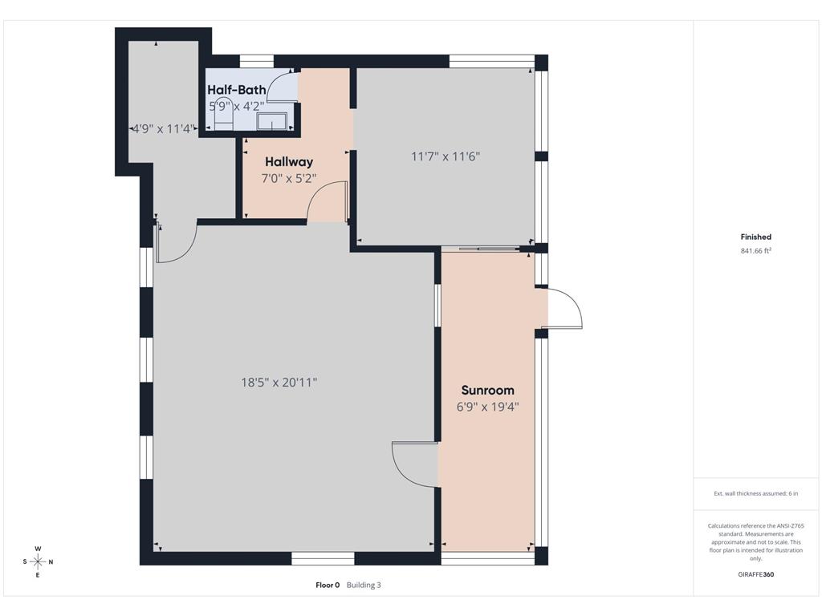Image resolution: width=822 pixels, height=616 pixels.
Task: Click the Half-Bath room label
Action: click(x=237, y=90)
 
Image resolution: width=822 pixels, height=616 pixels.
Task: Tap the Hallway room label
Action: click(x=289, y=162)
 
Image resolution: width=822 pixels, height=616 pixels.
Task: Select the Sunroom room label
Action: click(x=487, y=391)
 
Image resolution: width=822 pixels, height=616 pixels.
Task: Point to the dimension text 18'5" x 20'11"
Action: click(x=279, y=383)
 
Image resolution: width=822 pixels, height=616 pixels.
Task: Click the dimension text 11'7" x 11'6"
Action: click(x=446, y=156)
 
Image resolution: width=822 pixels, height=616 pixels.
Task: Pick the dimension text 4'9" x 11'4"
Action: click(x=163, y=129)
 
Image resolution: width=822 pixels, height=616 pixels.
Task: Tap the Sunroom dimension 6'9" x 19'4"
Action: click(x=487, y=407)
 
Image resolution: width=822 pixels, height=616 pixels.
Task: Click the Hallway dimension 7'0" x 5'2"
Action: click(x=289, y=179)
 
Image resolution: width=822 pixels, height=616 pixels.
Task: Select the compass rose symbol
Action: click(x=38, y=562)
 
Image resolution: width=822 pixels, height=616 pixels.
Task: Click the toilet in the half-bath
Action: click(x=223, y=112)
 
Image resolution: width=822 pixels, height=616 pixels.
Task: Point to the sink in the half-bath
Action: click(x=271, y=121)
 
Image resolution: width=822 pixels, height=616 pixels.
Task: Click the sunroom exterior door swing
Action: click(x=565, y=308)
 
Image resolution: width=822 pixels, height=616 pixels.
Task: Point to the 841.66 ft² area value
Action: click(x=755, y=251)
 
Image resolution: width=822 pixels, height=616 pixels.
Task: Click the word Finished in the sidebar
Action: click(x=755, y=237)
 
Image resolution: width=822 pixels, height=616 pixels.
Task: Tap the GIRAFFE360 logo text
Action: click(x=755, y=574)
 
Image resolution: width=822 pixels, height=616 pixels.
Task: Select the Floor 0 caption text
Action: click(x=328, y=585)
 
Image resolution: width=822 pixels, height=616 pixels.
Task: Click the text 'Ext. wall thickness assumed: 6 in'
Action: click(x=755, y=493)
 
